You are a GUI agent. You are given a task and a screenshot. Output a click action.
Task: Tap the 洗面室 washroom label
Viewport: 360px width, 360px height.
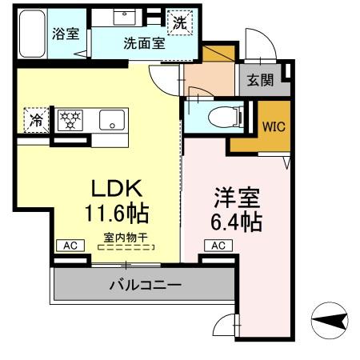(x=144, y=44)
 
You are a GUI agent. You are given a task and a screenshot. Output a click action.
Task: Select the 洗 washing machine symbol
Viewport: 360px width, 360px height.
(x=180, y=23)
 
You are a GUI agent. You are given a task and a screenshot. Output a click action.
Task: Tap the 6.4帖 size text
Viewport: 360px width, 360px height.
(x=235, y=222)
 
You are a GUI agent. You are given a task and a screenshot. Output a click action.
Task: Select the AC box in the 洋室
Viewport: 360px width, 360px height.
(x=219, y=246)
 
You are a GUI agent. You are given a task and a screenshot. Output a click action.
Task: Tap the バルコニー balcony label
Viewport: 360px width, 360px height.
(x=145, y=284)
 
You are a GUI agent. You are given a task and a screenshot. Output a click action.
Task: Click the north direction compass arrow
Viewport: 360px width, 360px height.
(x=329, y=322)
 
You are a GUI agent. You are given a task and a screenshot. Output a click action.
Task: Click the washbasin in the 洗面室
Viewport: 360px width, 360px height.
(x=126, y=18)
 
